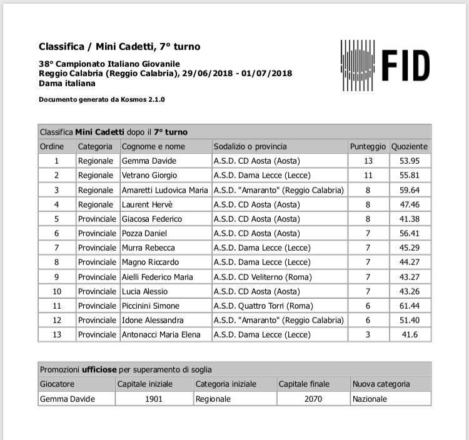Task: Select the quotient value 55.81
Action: (x=409, y=176)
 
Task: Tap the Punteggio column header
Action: (x=368, y=146)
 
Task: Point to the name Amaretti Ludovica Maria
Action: (x=164, y=190)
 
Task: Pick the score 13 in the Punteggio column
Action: (x=368, y=161)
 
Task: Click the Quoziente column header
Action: (x=410, y=146)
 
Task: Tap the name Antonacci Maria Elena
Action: (x=161, y=334)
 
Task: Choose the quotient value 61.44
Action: (x=409, y=306)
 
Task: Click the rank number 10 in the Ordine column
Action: (x=56, y=291)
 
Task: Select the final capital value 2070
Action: (x=312, y=399)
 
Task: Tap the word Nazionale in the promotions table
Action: (x=370, y=399)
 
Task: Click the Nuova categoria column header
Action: (x=381, y=384)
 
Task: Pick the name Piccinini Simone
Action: (x=150, y=306)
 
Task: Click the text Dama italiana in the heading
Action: (x=68, y=82)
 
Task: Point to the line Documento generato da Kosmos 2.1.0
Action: (x=102, y=99)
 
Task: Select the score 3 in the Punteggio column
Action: (x=368, y=334)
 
